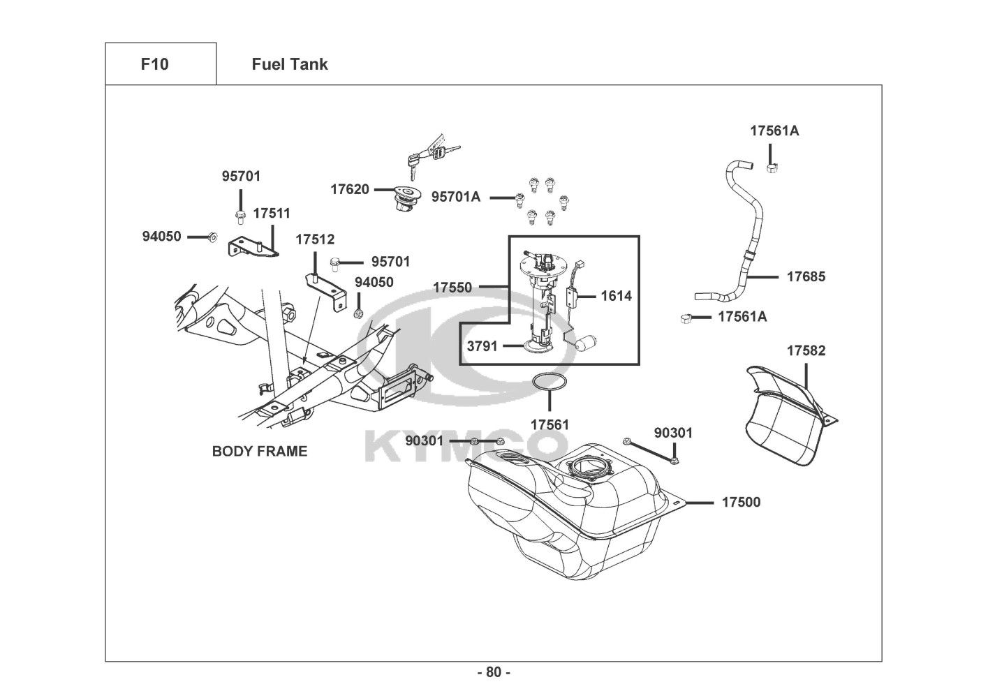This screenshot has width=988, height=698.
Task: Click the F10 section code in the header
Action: tap(154, 64)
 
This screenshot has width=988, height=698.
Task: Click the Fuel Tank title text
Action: tap(289, 64)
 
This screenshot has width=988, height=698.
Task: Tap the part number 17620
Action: tap(350, 189)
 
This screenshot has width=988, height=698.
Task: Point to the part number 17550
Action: tap(452, 287)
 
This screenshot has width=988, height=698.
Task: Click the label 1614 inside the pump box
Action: tap(616, 296)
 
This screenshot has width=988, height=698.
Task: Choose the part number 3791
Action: tap(482, 346)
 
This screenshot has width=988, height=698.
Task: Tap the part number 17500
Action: tap(741, 502)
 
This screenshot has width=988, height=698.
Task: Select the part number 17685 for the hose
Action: tap(806, 276)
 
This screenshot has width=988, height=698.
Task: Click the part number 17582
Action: tap(806, 350)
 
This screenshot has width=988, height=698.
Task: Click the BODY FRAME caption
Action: tap(259, 451)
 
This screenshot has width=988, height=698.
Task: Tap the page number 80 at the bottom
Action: tap(494, 672)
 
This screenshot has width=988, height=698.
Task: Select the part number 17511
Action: tap(272, 213)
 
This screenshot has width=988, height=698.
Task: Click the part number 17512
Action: tap(315, 239)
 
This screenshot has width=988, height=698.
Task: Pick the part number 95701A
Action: tap(456, 197)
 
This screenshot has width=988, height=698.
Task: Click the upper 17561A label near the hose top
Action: tap(774, 131)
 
